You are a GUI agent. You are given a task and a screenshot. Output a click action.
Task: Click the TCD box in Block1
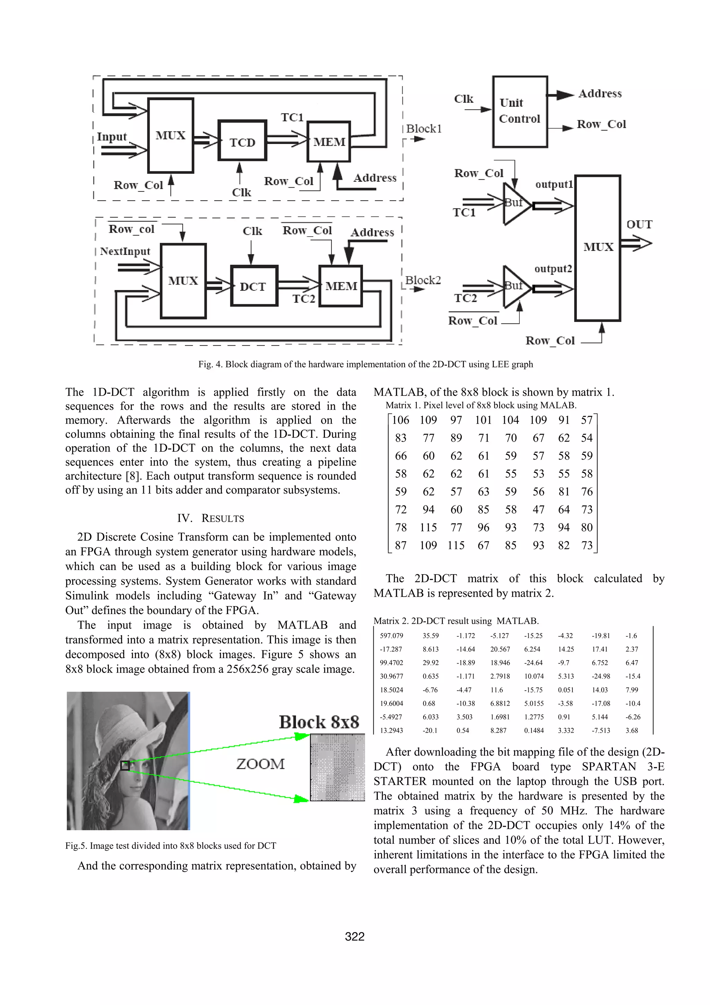242,141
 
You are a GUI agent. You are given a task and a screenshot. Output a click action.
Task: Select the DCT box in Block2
254,286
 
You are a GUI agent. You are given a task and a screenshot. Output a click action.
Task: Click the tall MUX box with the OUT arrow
598,248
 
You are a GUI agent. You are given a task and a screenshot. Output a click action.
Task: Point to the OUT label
639,224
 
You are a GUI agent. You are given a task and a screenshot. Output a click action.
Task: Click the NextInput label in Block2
125,251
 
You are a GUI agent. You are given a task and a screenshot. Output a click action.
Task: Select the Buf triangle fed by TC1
515,204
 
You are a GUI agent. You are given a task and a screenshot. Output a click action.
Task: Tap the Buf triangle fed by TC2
515,287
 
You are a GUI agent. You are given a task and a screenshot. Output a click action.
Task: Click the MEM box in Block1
329,142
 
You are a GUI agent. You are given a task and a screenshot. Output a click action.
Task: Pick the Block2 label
423,280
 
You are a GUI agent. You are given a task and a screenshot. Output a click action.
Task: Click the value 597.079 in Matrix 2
391,636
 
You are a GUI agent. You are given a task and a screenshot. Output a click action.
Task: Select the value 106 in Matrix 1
400,420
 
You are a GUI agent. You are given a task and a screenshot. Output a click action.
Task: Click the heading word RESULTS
222,518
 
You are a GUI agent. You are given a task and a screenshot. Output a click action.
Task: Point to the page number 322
355,936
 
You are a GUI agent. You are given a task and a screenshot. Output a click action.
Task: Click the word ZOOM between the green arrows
260,764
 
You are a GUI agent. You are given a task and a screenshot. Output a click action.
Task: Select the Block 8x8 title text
319,722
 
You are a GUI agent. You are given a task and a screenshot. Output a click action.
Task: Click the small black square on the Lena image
125,766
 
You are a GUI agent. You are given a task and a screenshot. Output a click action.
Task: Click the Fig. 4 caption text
365,364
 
